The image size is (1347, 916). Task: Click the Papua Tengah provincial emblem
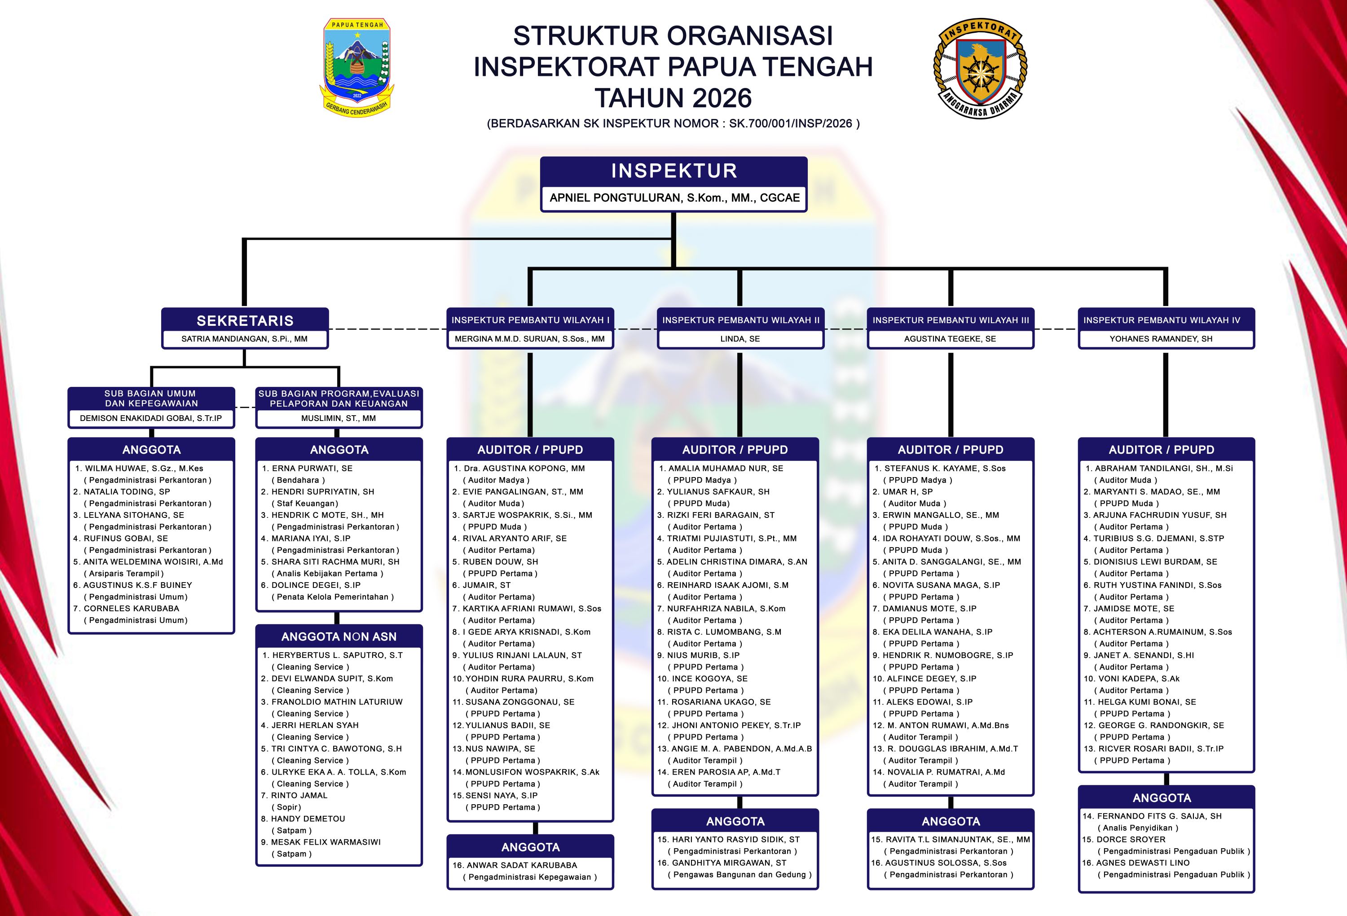click(x=357, y=66)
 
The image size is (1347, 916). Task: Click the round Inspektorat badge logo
click(x=980, y=68)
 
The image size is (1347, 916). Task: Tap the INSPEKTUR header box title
click(x=674, y=171)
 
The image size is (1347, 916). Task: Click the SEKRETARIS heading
click(x=245, y=321)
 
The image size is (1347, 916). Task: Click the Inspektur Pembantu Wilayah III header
click(x=951, y=320)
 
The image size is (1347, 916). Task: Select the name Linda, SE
click(x=740, y=339)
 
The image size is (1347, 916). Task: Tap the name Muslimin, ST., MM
click(x=339, y=418)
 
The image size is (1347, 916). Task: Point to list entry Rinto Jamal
click(x=299, y=795)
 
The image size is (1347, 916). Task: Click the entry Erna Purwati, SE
click(x=312, y=468)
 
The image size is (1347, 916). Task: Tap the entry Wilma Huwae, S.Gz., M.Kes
click(x=144, y=468)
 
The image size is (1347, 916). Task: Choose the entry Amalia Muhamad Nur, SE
click(x=726, y=468)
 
